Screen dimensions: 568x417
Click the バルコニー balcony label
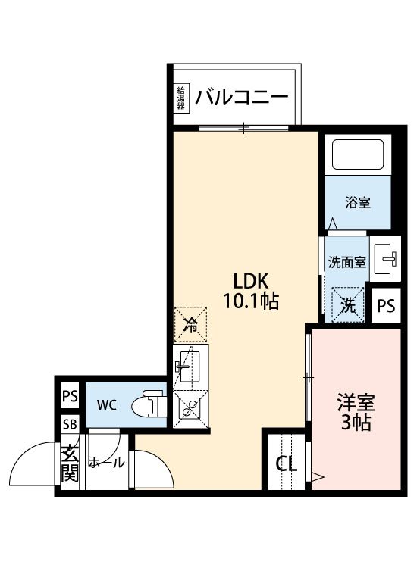(241, 98)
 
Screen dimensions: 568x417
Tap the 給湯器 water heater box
(181, 98)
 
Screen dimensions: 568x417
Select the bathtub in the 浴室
(359, 155)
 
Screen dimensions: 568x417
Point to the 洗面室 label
(347, 263)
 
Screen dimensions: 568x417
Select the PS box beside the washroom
(386, 306)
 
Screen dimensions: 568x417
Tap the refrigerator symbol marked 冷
(191, 325)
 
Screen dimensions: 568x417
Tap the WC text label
(106, 404)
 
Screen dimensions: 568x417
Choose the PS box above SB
(70, 395)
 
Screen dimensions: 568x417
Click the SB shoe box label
(70, 424)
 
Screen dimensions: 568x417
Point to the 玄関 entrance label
(70, 463)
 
